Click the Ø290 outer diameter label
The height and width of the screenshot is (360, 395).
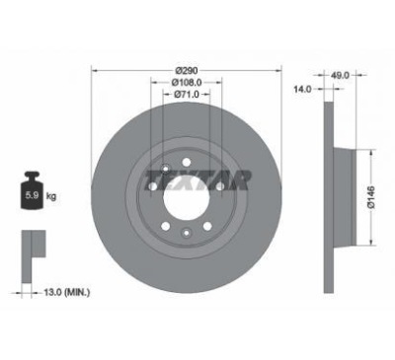click(187, 70)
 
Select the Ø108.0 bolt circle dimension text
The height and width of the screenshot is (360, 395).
click(187, 82)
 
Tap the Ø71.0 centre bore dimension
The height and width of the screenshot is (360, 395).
click(187, 95)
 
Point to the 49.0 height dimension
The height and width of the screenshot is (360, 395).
click(341, 75)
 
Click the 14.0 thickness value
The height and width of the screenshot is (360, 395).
click(303, 89)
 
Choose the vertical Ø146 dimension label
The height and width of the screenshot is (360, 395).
click(371, 197)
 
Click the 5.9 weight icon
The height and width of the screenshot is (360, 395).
click(33, 190)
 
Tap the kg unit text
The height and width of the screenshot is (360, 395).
click(51, 196)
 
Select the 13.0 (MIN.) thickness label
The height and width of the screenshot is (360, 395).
click(67, 292)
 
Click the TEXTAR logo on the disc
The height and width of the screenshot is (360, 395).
click(197, 180)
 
